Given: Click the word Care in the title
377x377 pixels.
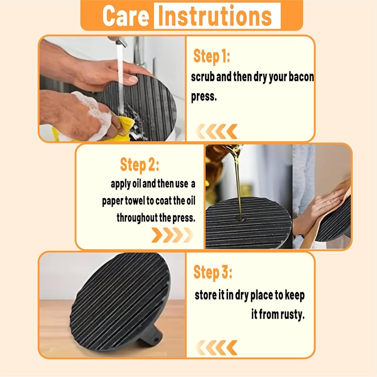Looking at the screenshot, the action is pyautogui.click(x=126, y=16).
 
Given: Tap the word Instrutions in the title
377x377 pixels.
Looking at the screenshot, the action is pyautogui.click(x=215, y=16).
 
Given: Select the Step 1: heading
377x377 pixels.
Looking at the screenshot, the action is pyautogui.click(x=211, y=57).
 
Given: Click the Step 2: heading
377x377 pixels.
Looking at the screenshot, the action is pyautogui.click(x=139, y=165).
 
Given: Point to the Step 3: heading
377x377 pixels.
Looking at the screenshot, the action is pyautogui.click(x=213, y=273).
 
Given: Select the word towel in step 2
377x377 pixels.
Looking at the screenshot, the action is pyautogui.click(x=135, y=201).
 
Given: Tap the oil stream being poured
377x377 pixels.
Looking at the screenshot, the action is pyautogui.click(x=237, y=183).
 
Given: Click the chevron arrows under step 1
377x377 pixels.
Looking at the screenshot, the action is pyautogui.click(x=216, y=132).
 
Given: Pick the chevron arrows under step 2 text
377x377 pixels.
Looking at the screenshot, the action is pyautogui.click(x=172, y=235).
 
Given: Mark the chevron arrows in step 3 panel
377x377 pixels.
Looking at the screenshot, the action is pyautogui.click(x=216, y=348).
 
